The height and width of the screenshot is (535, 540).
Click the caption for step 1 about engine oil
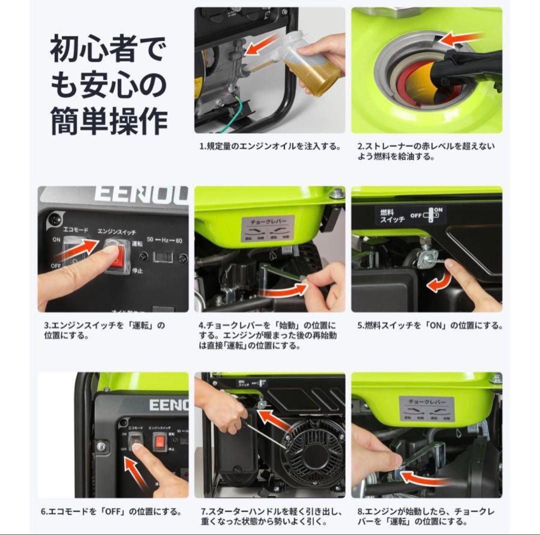point(269,147)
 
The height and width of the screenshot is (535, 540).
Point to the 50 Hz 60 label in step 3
point(164,240)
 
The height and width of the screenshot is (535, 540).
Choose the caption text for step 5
point(429,325)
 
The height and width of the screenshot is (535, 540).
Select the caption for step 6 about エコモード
point(110,512)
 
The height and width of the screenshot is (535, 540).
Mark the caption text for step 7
point(271,516)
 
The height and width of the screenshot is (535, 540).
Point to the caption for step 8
point(426,516)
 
